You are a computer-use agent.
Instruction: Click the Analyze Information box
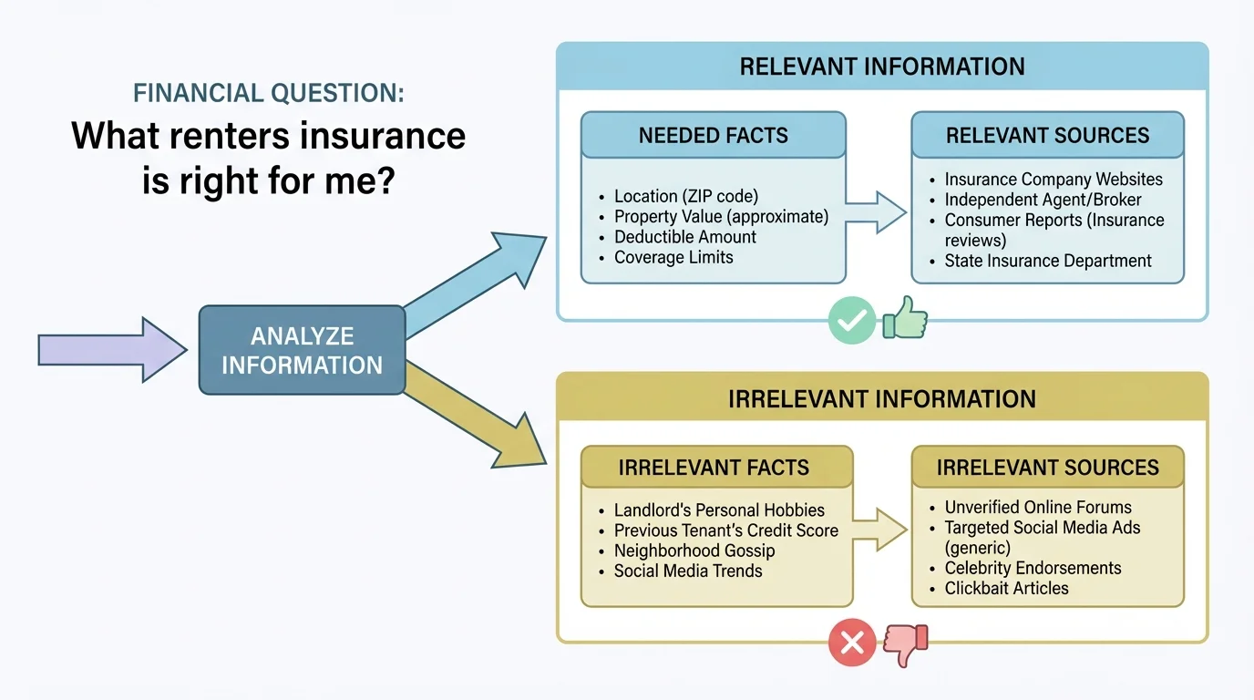point(302,350)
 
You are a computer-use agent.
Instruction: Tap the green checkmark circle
point(851,322)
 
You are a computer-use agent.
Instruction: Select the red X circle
point(851,644)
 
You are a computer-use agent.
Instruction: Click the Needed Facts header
point(714,136)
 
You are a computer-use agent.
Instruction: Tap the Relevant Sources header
point(1047,136)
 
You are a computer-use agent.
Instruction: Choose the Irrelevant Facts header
point(714,468)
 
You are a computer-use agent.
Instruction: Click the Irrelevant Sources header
point(1047,468)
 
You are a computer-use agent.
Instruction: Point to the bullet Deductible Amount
point(684,237)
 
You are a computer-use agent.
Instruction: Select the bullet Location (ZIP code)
point(685,196)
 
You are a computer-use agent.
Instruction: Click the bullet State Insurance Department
point(1048,262)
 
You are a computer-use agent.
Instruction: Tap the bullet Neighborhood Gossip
point(694,551)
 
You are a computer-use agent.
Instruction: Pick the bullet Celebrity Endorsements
point(1033,568)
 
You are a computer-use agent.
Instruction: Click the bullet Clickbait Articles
point(1006,588)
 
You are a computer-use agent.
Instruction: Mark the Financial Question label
point(269,93)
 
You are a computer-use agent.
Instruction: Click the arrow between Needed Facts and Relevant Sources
point(877,211)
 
